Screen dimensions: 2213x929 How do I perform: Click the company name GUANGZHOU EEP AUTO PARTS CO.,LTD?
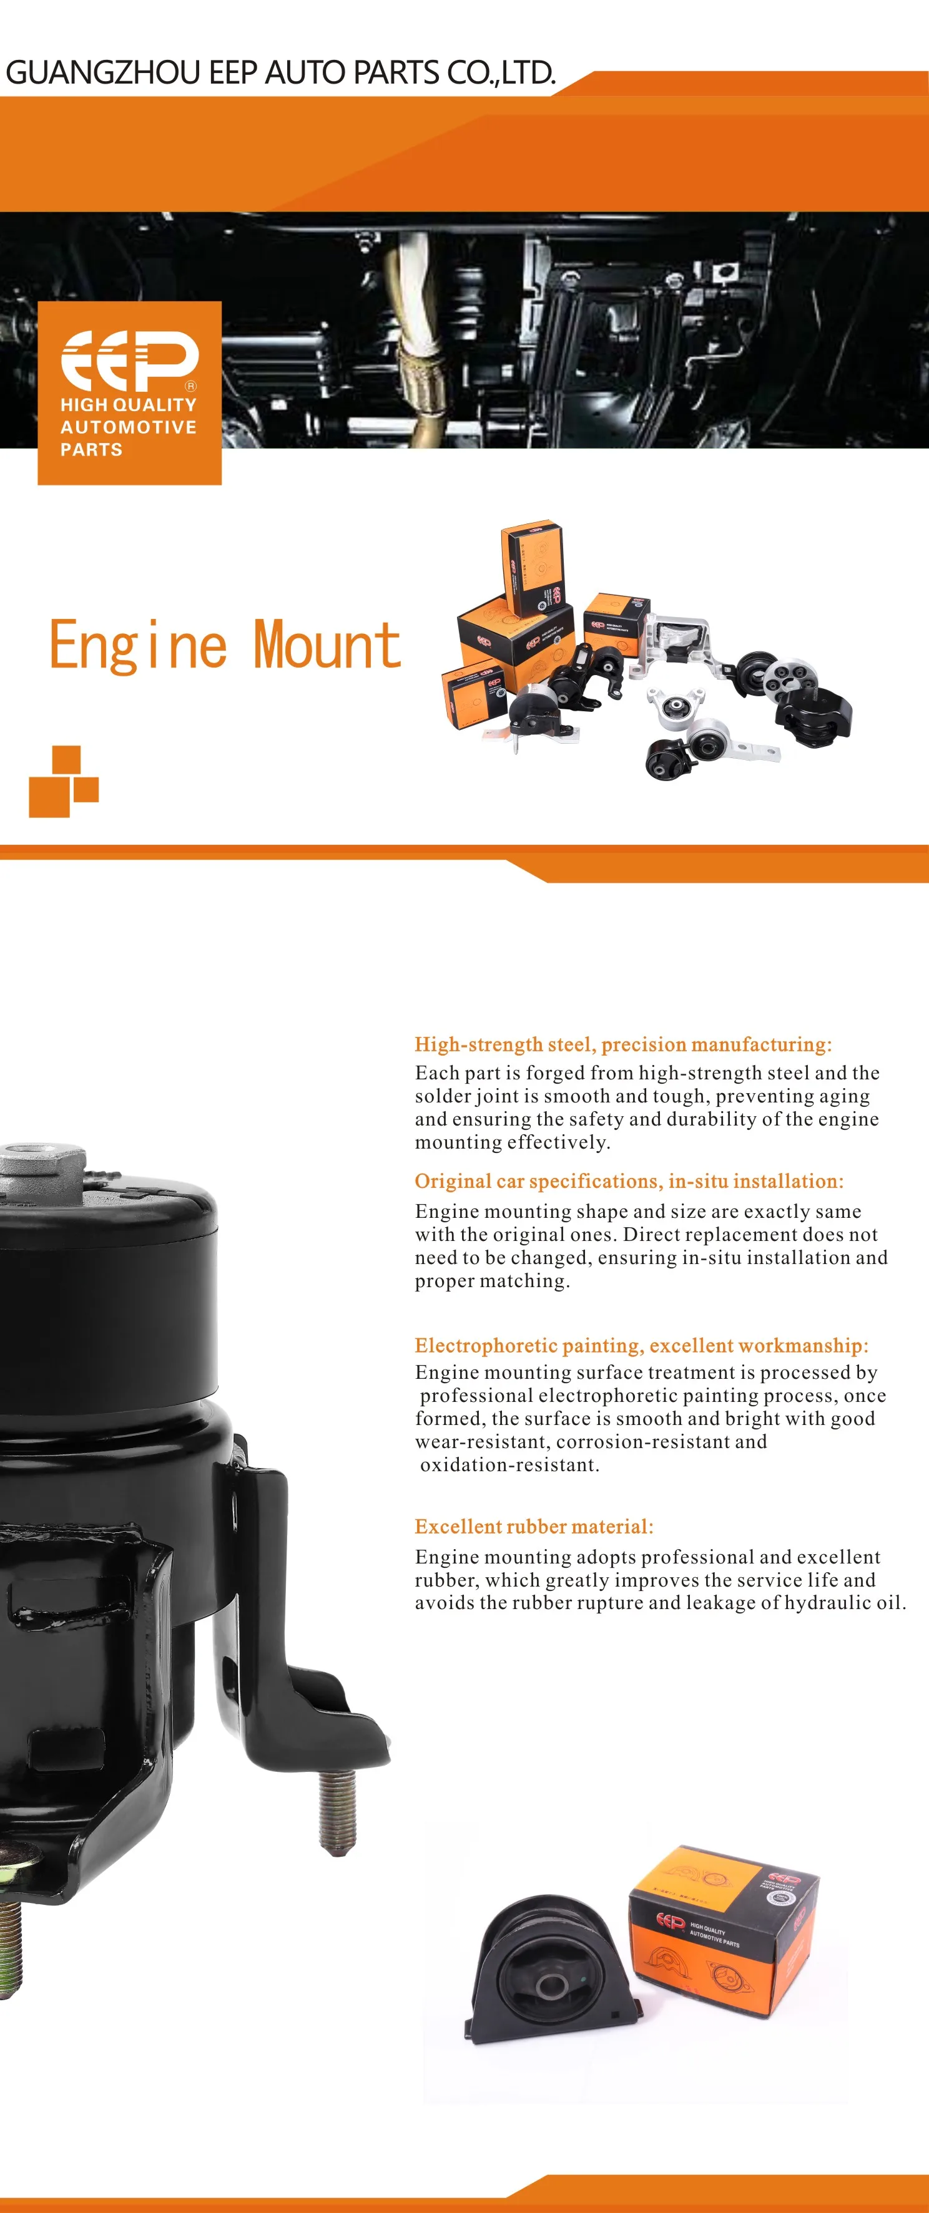(x=280, y=73)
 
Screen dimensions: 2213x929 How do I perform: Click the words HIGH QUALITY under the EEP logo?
(x=128, y=405)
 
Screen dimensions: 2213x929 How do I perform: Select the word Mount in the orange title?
(x=327, y=646)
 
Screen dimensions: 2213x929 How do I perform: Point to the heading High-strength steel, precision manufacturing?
(x=623, y=1044)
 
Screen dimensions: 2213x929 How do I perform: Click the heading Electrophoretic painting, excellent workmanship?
(x=641, y=1345)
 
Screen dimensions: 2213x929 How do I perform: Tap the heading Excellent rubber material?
(x=534, y=1527)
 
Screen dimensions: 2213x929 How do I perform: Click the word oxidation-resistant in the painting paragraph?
(x=509, y=1465)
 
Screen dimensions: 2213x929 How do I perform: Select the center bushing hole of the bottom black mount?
(x=551, y=1985)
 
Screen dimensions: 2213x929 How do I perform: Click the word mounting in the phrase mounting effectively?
(x=458, y=1142)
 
